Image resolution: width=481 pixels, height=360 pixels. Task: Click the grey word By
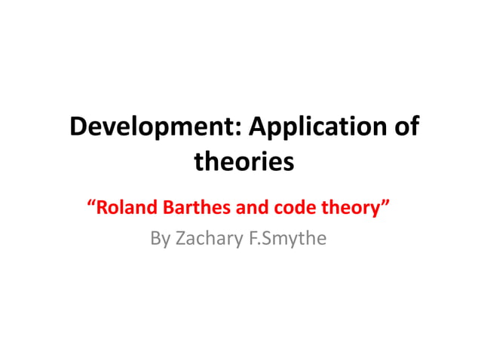click(160, 239)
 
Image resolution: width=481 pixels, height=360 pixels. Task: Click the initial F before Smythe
click(253, 239)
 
